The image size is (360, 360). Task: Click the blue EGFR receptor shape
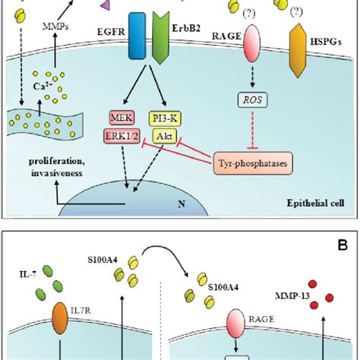click(x=137, y=36)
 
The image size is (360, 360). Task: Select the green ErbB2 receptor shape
click(x=161, y=38)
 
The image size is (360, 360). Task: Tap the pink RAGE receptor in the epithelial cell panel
click(x=252, y=43)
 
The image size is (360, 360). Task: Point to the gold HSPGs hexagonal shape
click(x=298, y=50)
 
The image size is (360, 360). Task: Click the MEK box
click(x=122, y=118)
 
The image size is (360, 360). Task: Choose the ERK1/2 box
click(x=122, y=137)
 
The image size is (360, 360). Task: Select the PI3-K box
click(x=165, y=118)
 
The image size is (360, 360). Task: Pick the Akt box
click(x=165, y=137)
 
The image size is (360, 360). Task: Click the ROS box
click(x=252, y=99)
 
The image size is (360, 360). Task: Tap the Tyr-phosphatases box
click(x=253, y=163)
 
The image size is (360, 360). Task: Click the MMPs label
click(x=55, y=27)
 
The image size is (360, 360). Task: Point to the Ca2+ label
click(x=43, y=87)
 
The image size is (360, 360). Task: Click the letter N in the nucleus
click(x=182, y=204)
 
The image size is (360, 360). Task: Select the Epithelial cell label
click(x=315, y=203)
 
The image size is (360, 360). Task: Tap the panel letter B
click(x=343, y=245)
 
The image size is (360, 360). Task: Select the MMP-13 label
click(x=292, y=295)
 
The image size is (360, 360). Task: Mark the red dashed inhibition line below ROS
click(x=252, y=131)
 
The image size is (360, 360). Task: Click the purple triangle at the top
click(x=105, y=5)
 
